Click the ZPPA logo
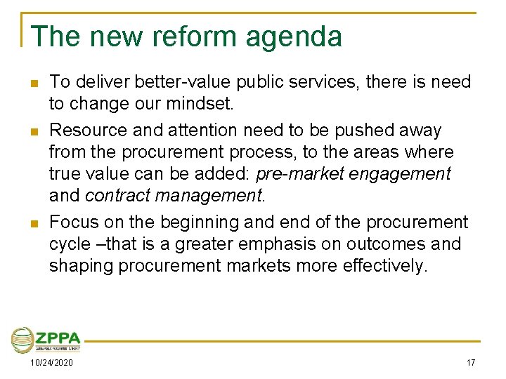pyautogui.click(x=46, y=340)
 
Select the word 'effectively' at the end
pyautogui.click(x=384, y=267)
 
